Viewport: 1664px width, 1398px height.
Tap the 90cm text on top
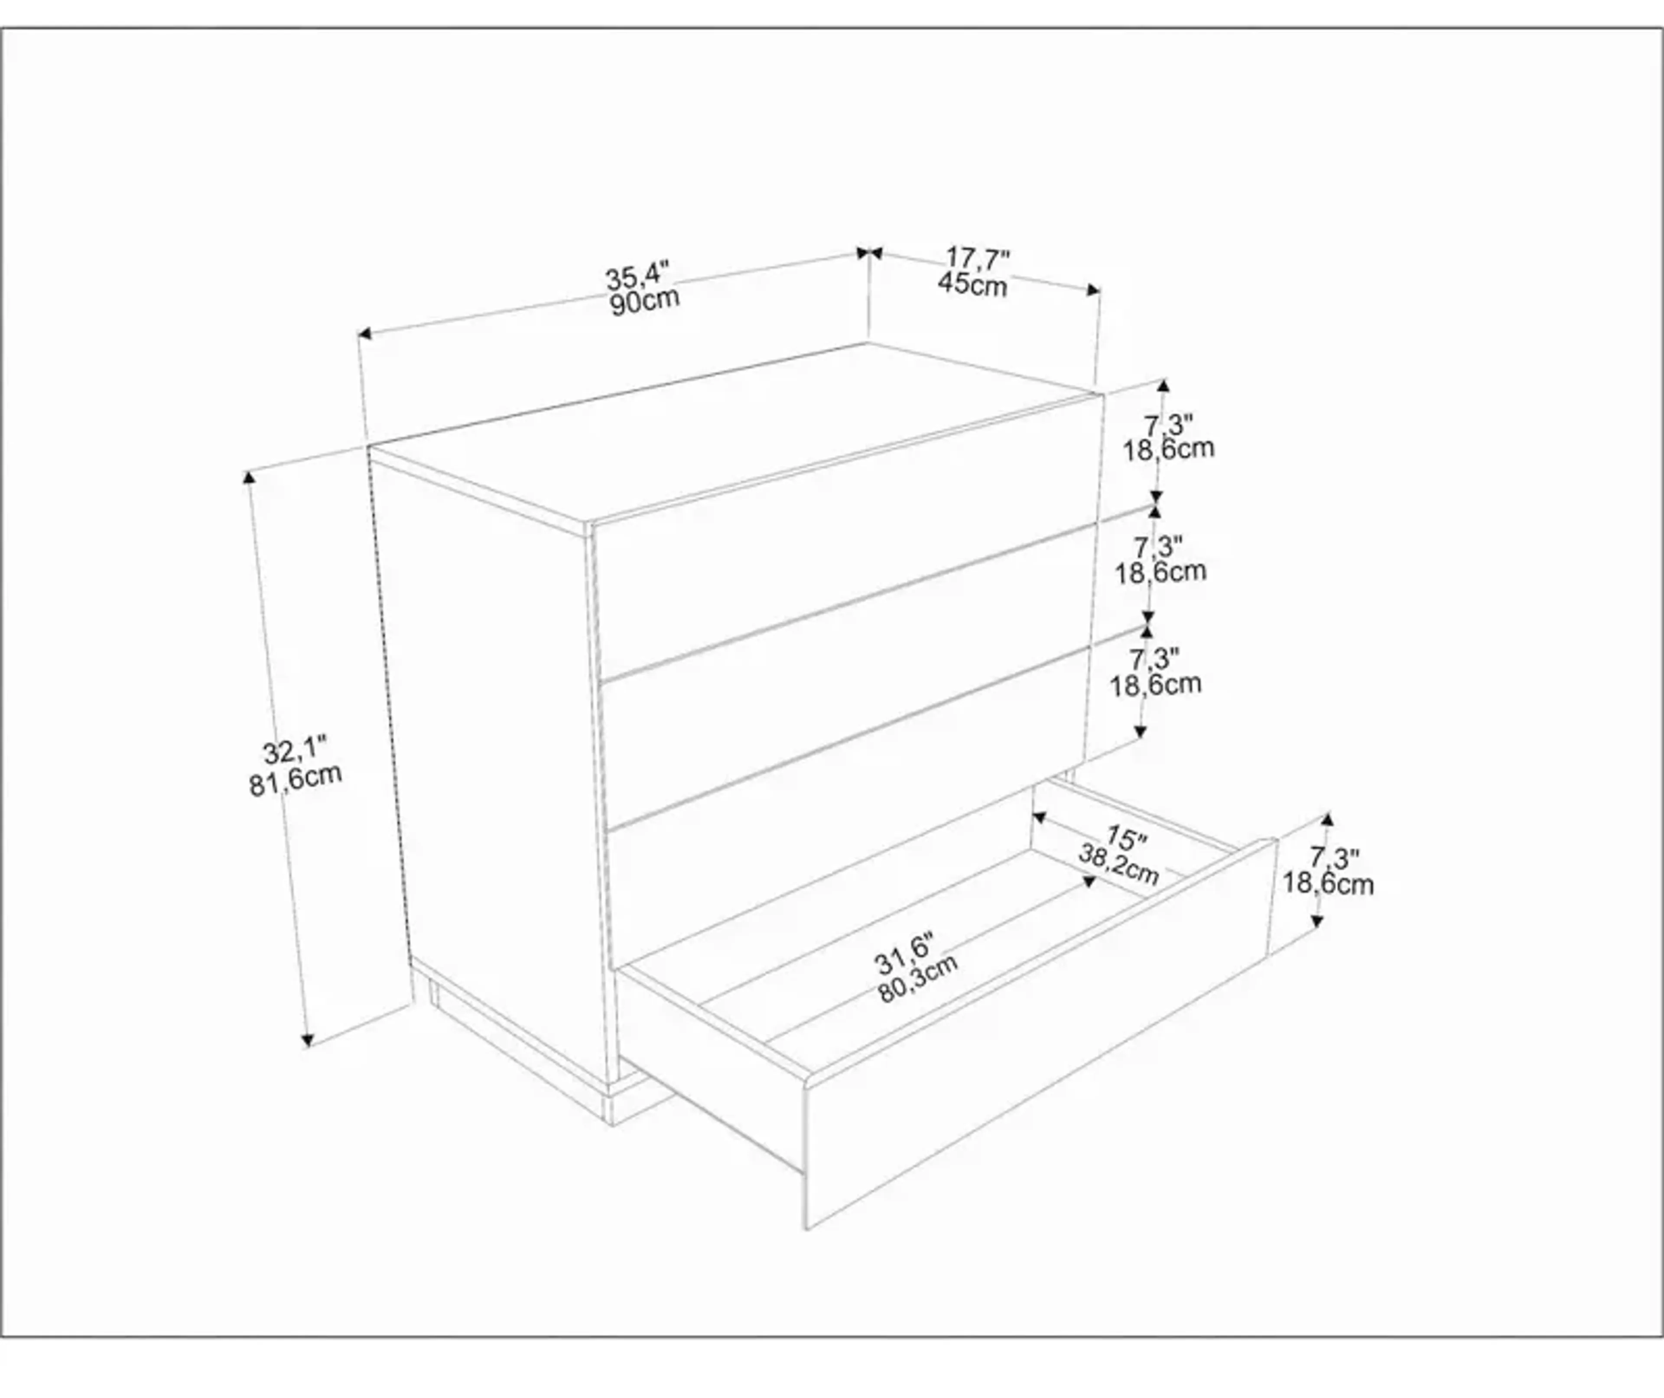[x=644, y=302]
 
